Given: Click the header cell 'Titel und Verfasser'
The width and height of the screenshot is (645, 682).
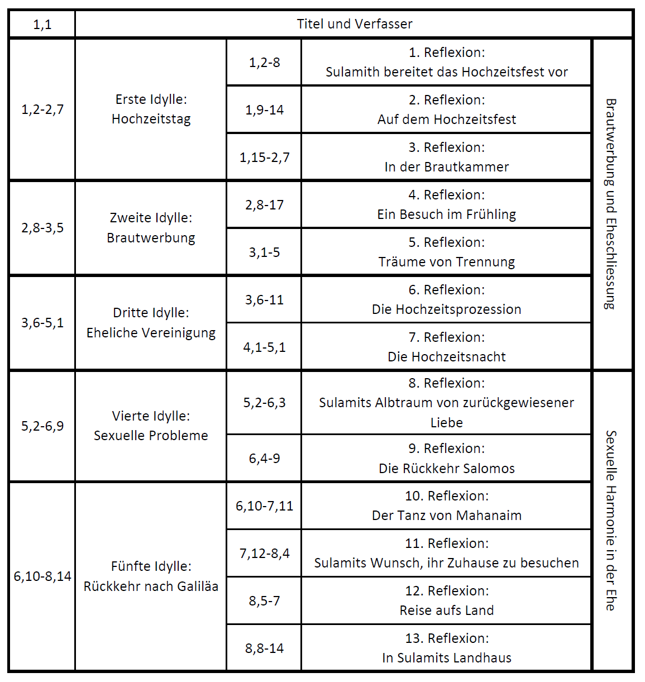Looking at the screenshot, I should (354, 24).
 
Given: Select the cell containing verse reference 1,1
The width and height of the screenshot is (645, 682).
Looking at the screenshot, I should (42, 24).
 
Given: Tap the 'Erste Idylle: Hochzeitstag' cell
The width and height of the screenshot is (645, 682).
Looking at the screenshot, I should (151, 109).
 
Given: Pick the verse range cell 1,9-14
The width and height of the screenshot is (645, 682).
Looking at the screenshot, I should (264, 109).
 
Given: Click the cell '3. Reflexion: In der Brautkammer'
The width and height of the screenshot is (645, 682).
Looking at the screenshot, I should (446, 157).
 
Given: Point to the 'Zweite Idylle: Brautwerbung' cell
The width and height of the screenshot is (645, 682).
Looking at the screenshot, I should (151, 228).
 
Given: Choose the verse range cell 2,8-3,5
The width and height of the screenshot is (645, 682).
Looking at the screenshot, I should (42, 228).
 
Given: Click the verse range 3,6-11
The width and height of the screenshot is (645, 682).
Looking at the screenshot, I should (264, 300).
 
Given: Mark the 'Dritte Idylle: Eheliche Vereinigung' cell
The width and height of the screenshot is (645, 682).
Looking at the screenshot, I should (151, 323).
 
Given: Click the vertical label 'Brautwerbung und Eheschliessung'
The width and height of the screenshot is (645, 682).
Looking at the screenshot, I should (611, 204).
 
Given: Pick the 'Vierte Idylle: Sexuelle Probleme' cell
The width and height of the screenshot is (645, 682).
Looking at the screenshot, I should (151, 426).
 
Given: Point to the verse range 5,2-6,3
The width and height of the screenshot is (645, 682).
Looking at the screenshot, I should (264, 403).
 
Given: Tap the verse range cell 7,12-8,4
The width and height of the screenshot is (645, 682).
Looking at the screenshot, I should (264, 554).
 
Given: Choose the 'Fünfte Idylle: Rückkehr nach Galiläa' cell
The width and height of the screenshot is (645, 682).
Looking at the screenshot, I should (151, 576).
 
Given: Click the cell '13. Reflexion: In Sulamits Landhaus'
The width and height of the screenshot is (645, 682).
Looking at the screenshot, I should (446, 648).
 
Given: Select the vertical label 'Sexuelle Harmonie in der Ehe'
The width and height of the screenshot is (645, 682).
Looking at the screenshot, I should (611, 520).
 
